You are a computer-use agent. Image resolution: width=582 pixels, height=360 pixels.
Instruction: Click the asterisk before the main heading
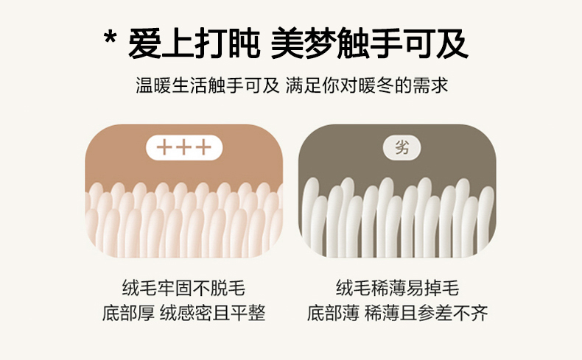point(111,38)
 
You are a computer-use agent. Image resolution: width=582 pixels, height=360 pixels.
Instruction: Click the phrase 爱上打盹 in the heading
point(194,43)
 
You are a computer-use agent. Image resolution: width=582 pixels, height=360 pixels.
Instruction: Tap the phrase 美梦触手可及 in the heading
point(370,43)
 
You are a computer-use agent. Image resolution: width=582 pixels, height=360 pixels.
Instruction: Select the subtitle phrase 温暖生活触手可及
point(208,86)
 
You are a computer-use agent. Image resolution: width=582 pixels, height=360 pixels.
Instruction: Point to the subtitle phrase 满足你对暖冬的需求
point(367,86)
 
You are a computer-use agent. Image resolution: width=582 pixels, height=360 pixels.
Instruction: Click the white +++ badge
point(184,147)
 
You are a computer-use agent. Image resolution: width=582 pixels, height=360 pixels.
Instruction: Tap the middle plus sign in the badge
point(184,147)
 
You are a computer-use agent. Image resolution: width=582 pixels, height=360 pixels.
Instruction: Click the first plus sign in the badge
point(164,147)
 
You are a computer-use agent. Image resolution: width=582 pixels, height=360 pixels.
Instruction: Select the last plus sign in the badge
point(204,147)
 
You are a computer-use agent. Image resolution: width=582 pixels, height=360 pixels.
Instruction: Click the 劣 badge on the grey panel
point(402,147)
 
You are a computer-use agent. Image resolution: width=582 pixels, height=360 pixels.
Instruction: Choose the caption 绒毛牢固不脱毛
point(183,288)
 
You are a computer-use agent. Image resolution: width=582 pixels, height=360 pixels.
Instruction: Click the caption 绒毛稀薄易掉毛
point(398,288)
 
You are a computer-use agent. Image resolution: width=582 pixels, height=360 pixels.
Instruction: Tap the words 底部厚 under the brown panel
point(128,314)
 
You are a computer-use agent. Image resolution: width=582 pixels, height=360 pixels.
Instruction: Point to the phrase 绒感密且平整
point(213,314)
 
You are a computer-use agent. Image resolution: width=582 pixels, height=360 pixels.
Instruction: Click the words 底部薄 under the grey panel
point(333,314)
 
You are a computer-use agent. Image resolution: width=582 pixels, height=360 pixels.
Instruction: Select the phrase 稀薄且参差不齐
point(426,314)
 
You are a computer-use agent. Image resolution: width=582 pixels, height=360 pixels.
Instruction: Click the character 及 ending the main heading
point(452,43)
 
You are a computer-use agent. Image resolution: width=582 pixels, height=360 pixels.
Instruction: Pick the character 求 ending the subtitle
point(440,86)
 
